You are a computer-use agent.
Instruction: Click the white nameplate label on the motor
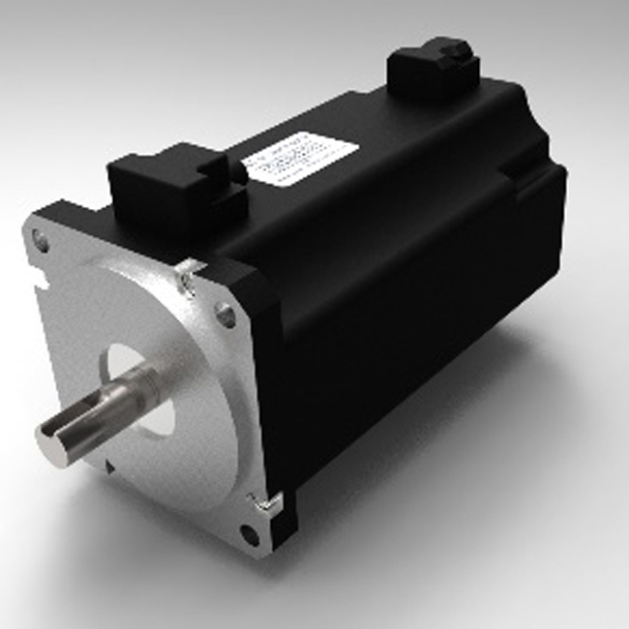(x=299, y=157)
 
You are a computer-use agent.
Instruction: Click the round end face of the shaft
(x=53, y=443)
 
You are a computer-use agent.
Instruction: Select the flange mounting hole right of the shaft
(x=225, y=314)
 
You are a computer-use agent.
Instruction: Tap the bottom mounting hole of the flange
(x=249, y=531)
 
